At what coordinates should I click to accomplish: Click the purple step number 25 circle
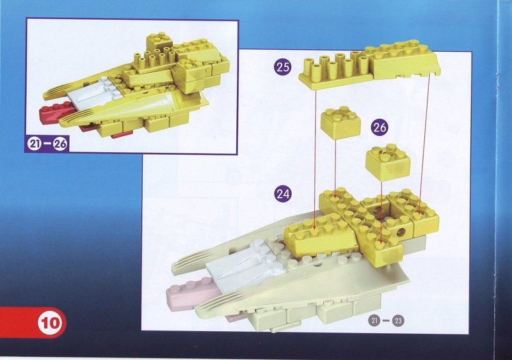tap(282, 67)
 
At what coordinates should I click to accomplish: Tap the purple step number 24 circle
tap(282, 194)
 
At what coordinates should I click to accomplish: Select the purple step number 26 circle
tap(380, 127)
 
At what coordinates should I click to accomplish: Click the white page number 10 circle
tap(50, 323)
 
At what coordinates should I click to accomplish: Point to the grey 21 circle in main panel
tap(375, 320)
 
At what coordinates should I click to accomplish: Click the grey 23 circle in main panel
tap(398, 320)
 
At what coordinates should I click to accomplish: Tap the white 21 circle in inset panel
tap(34, 144)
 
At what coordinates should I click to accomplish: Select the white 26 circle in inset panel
tap(60, 144)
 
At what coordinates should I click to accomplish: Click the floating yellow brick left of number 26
tap(340, 121)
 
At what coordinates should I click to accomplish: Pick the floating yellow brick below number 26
tap(388, 162)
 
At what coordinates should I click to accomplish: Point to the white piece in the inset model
tap(94, 93)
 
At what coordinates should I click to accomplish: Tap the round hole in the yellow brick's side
tap(401, 232)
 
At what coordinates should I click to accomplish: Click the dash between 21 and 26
tap(47, 144)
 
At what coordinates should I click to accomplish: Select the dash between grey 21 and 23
tap(387, 320)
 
